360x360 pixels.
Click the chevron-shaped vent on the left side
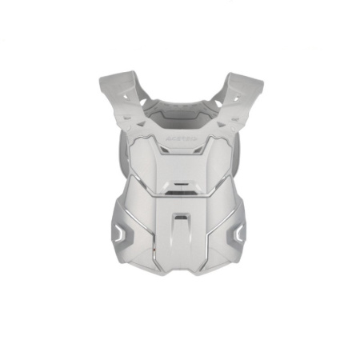120,233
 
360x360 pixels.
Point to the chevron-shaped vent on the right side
238,233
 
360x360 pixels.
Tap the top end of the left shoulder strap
112,80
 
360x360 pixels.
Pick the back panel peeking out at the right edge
242,152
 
